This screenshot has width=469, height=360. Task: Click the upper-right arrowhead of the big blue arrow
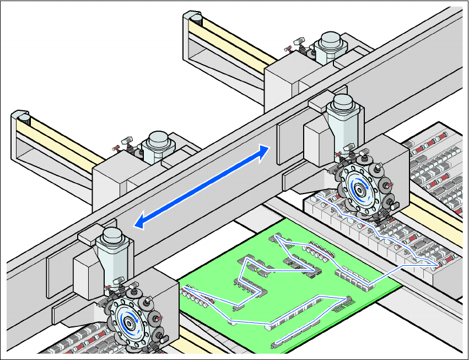266,150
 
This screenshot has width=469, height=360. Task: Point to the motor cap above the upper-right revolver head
343,103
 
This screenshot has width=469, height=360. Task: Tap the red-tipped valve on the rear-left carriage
116,147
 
